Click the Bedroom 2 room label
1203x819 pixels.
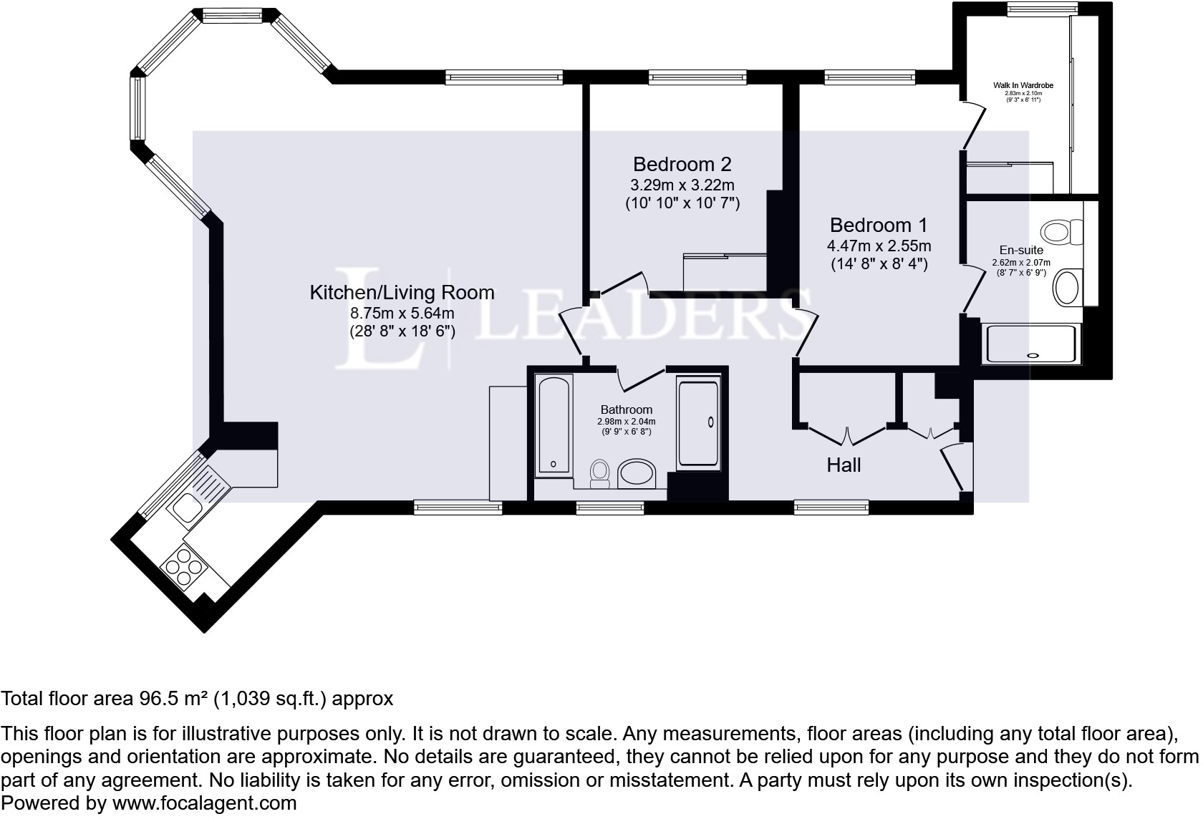[x=682, y=164]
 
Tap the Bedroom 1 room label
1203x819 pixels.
[x=878, y=225]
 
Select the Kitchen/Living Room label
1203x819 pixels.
[x=402, y=292]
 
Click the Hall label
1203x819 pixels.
[x=844, y=465]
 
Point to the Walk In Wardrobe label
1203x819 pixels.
[x=1023, y=85]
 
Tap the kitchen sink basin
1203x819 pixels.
[x=186, y=508]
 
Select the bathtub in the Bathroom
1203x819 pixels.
[x=554, y=426]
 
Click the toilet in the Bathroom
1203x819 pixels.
[x=599, y=473]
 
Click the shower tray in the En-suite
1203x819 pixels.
[x=1031, y=344]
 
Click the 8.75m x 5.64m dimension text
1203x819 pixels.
[x=402, y=313]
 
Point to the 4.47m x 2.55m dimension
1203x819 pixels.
[x=878, y=246]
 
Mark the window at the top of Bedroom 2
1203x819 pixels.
[x=697, y=77]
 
